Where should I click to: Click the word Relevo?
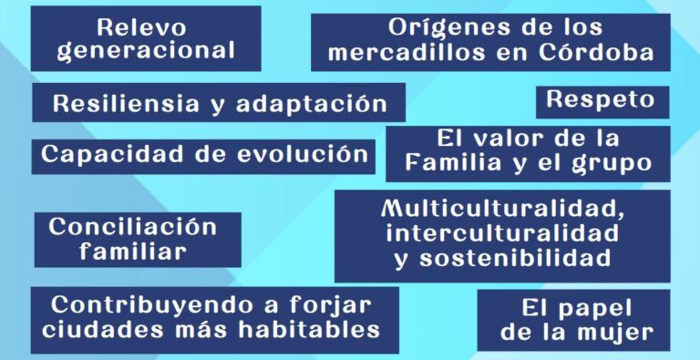tap(141, 27)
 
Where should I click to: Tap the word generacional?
tap(146, 50)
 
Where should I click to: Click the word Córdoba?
tap(596, 52)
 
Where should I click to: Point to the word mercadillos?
tap(406, 52)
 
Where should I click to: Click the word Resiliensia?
tap(126, 104)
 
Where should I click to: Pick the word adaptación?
tap(311, 105)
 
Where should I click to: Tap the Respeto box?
tap(602, 102)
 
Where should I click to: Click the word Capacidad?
tap(112, 155)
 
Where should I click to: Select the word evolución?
tap(303, 154)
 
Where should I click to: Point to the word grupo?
tap(612, 164)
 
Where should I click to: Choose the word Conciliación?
tap(132, 226)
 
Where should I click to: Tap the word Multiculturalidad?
tap(503, 209)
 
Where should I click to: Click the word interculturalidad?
tap(503, 233)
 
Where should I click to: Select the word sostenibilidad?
tap(515, 257)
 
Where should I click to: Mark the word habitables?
tap(309, 330)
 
